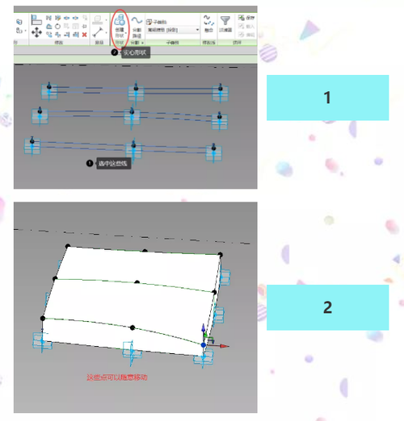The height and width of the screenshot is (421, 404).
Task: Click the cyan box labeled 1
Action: [x=327, y=98]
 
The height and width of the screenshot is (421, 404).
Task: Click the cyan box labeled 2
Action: [x=327, y=306]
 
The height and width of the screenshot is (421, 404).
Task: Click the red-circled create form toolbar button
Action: [x=120, y=25]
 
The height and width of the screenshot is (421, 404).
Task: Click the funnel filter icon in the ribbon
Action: [x=225, y=20]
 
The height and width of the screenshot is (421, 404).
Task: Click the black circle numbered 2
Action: [x=115, y=52]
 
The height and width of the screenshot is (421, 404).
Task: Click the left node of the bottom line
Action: [x=32, y=143]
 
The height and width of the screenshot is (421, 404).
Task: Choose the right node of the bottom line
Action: [x=213, y=149]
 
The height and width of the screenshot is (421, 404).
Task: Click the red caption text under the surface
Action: [x=118, y=376]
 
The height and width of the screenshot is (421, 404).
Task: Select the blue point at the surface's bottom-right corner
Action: [x=204, y=345]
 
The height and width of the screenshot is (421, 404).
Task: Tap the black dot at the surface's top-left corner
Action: [x=68, y=245]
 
